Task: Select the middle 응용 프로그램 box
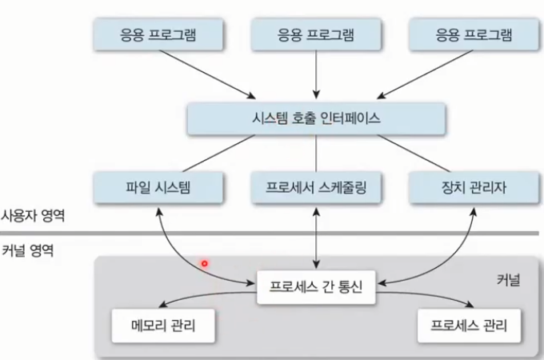(316, 35)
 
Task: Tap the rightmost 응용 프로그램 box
(474, 35)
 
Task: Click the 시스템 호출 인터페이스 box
(316, 118)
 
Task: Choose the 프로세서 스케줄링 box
(316, 188)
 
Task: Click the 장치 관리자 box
(474, 188)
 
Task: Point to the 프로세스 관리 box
(469, 326)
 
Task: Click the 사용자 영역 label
(33, 214)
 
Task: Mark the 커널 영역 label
(28, 250)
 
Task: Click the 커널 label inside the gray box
(507, 279)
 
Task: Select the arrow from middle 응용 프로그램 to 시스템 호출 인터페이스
(316, 75)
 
